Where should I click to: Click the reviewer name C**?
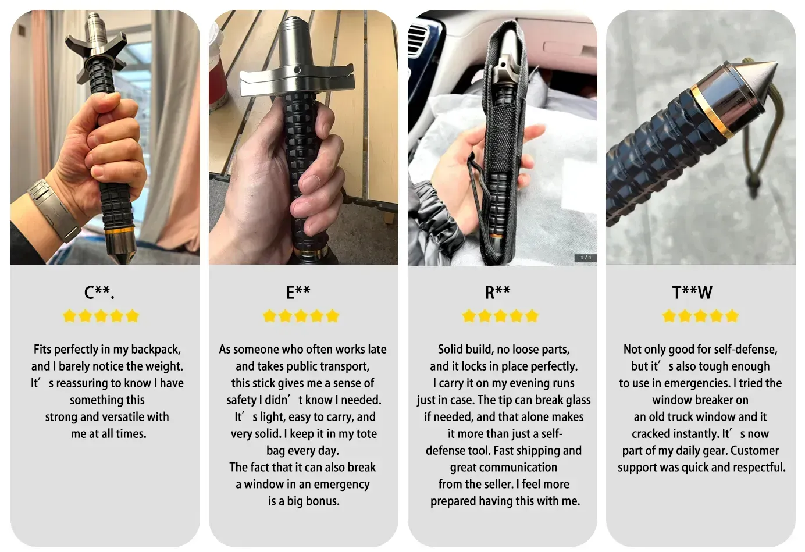99,293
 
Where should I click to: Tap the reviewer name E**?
298,293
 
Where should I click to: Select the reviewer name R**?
497,293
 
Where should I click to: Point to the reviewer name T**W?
692,293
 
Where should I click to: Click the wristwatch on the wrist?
54,210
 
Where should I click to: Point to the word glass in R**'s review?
576,400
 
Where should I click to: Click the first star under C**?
69,316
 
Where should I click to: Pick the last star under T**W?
732,316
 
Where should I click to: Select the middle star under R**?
501,316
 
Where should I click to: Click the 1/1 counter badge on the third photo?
585,258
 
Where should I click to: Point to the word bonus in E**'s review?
323,501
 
